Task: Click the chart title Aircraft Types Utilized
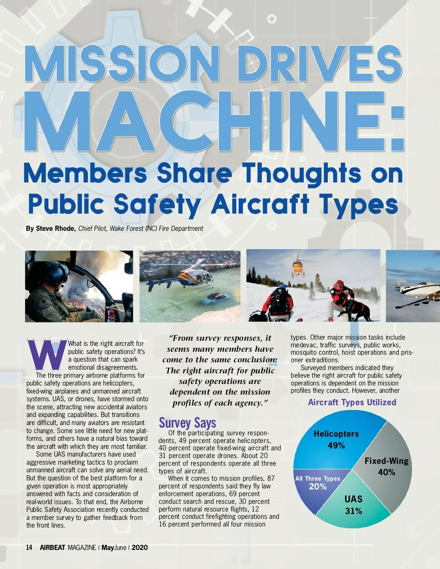point(352,402)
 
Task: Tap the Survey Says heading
point(187,423)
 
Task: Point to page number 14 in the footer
point(29,547)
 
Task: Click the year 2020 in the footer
point(140,547)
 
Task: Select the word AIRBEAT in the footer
point(52,547)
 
